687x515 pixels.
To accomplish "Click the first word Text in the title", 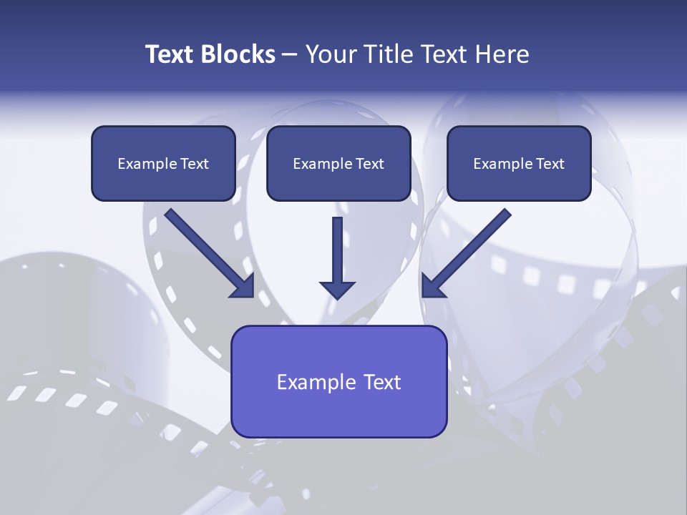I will pyautogui.click(x=172, y=54).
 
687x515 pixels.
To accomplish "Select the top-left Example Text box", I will pyautogui.click(x=163, y=164).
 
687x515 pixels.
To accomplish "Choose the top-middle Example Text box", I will pyautogui.click(x=338, y=164).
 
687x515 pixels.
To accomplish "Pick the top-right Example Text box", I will pyautogui.click(x=519, y=164).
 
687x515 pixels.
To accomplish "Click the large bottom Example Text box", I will pyautogui.click(x=338, y=382).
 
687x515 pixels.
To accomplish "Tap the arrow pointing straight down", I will pyautogui.click(x=337, y=254).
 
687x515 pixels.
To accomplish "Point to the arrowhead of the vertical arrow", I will pyautogui.click(x=337, y=290).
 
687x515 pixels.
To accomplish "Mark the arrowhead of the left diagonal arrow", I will pyautogui.click(x=243, y=286).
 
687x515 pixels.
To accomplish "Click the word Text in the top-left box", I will pyautogui.click(x=195, y=164).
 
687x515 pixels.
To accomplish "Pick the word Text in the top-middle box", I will pyautogui.click(x=370, y=164).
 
